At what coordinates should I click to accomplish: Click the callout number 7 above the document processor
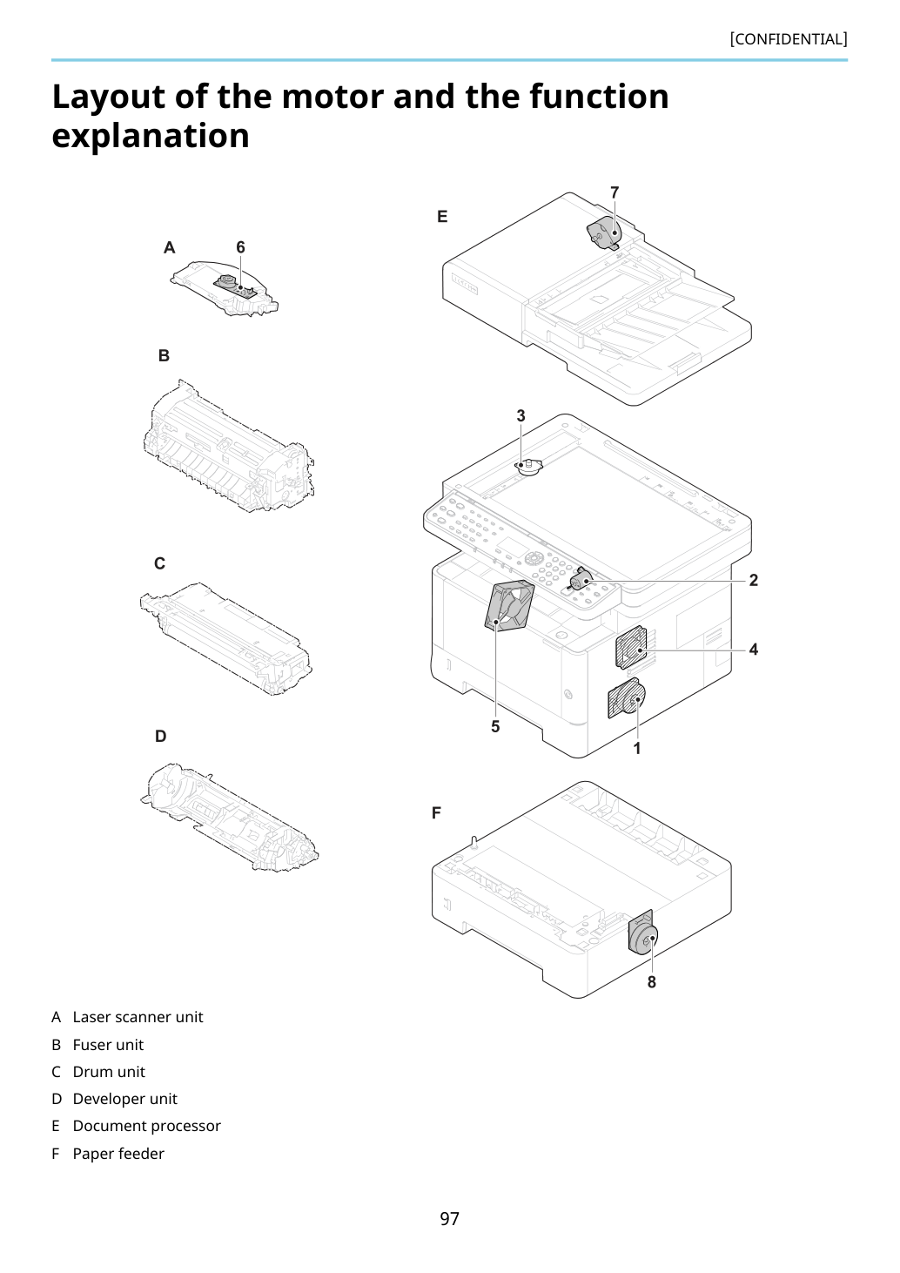pos(615,192)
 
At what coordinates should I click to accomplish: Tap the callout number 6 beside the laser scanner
pos(240,247)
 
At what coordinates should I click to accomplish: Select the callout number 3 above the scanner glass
pos(521,416)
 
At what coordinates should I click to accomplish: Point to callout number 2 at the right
pos(754,580)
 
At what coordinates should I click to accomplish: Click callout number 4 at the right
pos(754,649)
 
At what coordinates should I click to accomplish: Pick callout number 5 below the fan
pos(495,726)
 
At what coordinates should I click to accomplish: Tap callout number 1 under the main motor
pos(637,749)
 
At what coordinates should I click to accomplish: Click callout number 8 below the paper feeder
pos(652,982)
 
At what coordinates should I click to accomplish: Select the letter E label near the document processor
pos(442,217)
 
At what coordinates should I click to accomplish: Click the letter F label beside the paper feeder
pos(436,813)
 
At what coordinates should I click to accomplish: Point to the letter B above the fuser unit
pos(164,356)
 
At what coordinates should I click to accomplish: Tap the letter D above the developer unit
pos(161,737)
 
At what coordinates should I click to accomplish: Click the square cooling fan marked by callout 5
pos(509,605)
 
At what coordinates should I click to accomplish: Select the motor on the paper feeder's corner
pos(642,933)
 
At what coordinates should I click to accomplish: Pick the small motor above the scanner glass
pos(528,466)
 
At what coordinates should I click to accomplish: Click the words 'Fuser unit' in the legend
pos(108,1045)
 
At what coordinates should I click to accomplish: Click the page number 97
pos(449,1218)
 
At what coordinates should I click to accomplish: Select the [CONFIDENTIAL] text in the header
pos(789,39)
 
